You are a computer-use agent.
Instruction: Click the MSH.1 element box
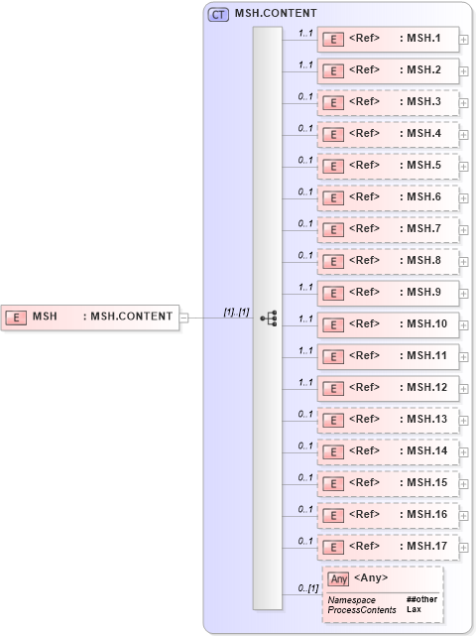click(x=388, y=40)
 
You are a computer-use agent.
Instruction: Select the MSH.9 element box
click(x=388, y=293)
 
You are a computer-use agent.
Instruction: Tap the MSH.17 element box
click(x=388, y=547)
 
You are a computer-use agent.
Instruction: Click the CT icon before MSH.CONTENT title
click(x=217, y=14)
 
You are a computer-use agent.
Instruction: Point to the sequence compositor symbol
click(x=268, y=318)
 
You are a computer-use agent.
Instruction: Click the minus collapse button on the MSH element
click(x=183, y=318)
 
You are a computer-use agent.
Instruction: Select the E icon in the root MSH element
click(x=17, y=318)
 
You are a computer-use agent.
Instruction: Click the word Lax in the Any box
click(x=414, y=610)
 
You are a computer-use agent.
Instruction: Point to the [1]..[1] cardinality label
click(x=236, y=312)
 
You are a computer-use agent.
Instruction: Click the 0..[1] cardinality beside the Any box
click(x=307, y=589)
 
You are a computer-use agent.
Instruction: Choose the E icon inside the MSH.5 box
click(x=335, y=167)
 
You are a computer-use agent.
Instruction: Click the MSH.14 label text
click(x=427, y=451)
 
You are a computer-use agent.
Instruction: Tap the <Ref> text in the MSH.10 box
click(x=364, y=324)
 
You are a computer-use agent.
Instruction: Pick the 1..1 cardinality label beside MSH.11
click(x=306, y=350)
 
